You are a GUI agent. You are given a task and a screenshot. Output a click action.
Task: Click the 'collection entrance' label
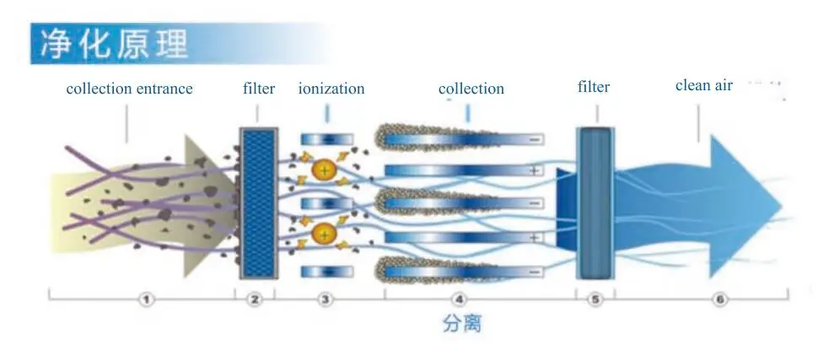(x=129, y=89)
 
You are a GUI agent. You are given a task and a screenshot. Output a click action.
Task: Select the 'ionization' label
(x=331, y=89)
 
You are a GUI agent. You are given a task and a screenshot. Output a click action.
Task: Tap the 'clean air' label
(x=704, y=85)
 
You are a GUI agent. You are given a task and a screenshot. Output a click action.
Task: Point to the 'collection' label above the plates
(x=471, y=89)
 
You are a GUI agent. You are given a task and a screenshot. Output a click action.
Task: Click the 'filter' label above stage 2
(x=259, y=89)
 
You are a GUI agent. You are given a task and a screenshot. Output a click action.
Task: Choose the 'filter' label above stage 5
(x=594, y=87)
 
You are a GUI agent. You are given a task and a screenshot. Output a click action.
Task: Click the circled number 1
(x=147, y=299)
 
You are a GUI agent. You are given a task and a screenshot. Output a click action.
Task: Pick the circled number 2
(x=256, y=299)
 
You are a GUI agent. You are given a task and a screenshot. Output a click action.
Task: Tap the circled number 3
(x=326, y=299)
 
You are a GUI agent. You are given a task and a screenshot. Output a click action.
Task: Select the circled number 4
(x=459, y=299)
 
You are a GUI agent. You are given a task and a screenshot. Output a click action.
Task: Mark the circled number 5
(x=595, y=299)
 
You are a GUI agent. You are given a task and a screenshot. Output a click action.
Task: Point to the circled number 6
(x=719, y=299)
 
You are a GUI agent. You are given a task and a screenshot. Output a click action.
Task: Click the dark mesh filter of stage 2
(x=257, y=202)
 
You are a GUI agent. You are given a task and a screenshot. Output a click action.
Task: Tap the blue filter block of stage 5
(x=595, y=202)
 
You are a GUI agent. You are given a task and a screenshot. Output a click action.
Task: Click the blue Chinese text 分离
(x=461, y=323)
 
